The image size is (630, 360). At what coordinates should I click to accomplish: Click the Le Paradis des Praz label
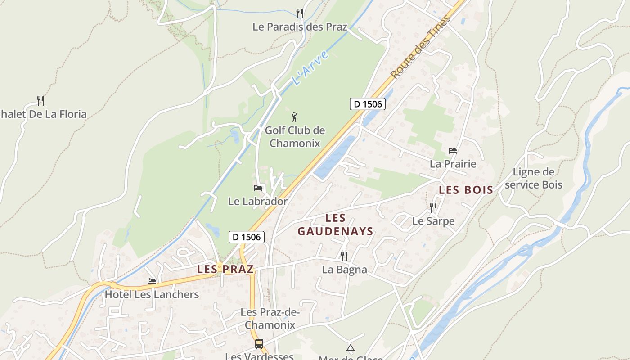[300, 27]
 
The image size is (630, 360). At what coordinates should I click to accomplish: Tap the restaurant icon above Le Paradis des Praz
[300, 13]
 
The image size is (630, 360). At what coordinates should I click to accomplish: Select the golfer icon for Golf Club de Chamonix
[295, 117]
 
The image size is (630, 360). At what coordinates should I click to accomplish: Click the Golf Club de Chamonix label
[295, 137]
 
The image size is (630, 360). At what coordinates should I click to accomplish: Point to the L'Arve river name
[310, 69]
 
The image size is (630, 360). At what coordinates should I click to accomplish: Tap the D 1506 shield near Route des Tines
[367, 104]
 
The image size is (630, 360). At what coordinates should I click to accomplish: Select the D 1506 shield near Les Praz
[246, 237]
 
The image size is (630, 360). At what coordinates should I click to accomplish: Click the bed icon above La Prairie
[453, 150]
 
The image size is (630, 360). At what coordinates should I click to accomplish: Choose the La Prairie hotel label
[453, 164]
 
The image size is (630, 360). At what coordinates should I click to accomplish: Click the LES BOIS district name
[466, 190]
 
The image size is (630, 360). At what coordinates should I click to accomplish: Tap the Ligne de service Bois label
[534, 178]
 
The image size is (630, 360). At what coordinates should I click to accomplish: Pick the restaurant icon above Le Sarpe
[433, 207]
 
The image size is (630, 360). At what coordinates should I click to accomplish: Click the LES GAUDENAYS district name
[335, 225]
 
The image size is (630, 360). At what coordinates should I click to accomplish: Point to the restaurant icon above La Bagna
[344, 256]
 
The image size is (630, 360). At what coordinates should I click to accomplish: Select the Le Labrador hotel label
[257, 201]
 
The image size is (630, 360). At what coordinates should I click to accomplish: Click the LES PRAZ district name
[225, 269]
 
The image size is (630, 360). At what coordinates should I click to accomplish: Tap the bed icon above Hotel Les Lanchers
[152, 281]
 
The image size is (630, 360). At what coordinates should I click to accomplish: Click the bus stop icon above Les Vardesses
[259, 344]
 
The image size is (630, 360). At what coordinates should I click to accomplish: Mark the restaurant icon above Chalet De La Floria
[40, 100]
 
